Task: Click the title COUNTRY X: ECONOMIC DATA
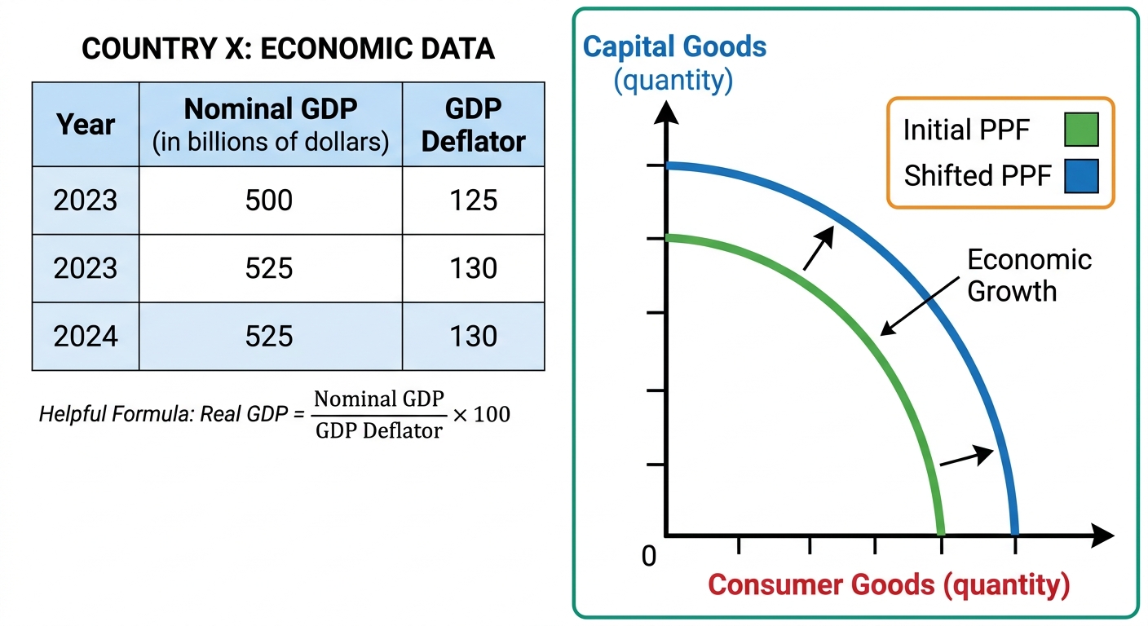(x=288, y=49)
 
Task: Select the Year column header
(x=86, y=125)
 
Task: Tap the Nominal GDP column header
(x=271, y=125)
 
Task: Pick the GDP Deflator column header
(x=473, y=125)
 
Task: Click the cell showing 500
(x=269, y=201)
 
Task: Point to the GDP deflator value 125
(x=473, y=201)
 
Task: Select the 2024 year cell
(x=86, y=336)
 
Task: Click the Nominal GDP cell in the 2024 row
(x=269, y=336)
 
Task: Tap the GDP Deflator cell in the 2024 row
(x=473, y=336)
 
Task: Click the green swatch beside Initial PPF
(x=1081, y=130)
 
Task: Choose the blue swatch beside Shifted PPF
(x=1081, y=176)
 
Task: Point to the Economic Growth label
(x=1029, y=275)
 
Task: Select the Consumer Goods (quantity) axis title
(x=889, y=585)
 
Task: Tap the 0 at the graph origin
(x=649, y=556)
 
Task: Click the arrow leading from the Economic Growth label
(x=920, y=306)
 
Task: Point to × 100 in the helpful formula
(x=481, y=414)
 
